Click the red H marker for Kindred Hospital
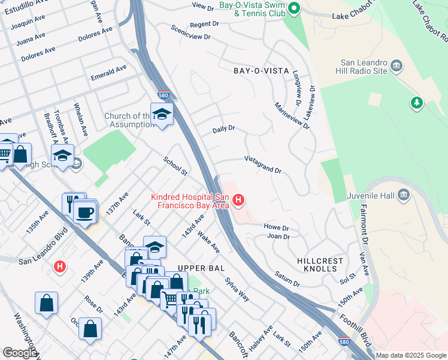[x=239, y=200]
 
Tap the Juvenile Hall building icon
[x=403, y=194]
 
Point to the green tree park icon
[x=416, y=103]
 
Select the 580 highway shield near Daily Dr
[x=163, y=95]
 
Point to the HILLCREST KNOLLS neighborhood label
[x=320, y=265]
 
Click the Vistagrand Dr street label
[x=262, y=165]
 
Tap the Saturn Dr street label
[x=287, y=278]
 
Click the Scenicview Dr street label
[x=190, y=32]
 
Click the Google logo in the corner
[x=20, y=353]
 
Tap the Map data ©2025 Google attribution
[x=411, y=355]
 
